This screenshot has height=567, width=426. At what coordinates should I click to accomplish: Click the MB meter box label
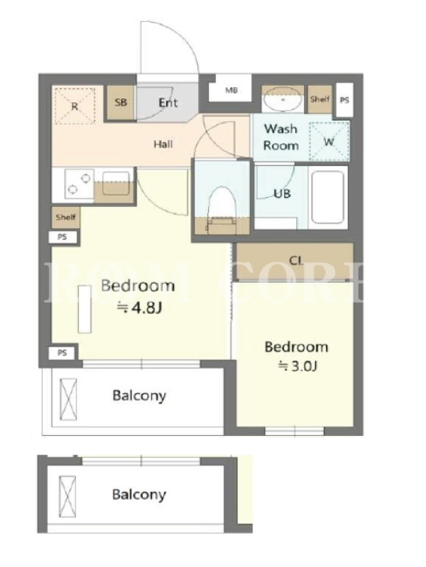(231, 90)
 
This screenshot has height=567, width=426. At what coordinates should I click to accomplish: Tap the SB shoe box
(120, 103)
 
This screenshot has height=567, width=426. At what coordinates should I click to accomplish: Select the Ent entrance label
(168, 103)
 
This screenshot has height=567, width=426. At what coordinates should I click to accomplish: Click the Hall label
(163, 145)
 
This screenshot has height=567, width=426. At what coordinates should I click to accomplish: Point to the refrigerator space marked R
(75, 106)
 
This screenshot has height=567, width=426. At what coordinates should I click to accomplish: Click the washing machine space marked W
(329, 141)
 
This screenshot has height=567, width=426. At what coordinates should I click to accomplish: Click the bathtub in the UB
(327, 197)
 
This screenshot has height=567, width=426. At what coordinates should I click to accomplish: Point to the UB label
(282, 193)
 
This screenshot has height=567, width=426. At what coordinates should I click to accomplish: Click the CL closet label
(296, 260)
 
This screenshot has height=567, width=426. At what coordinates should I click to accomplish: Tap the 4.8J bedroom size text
(139, 308)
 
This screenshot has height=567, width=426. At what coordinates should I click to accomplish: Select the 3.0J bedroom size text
(297, 366)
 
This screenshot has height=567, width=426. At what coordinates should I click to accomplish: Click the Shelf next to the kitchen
(65, 218)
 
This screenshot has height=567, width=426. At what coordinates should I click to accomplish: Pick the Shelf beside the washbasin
(320, 99)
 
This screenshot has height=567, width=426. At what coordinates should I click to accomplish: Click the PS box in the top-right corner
(344, 100)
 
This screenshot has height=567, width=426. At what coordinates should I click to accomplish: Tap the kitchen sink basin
(116, 184)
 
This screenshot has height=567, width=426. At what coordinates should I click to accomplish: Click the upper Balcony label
(139, 395)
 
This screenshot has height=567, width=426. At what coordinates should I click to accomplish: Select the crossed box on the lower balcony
(67, 497)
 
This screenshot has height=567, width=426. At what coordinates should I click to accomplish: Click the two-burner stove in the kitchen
(79, 184)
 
